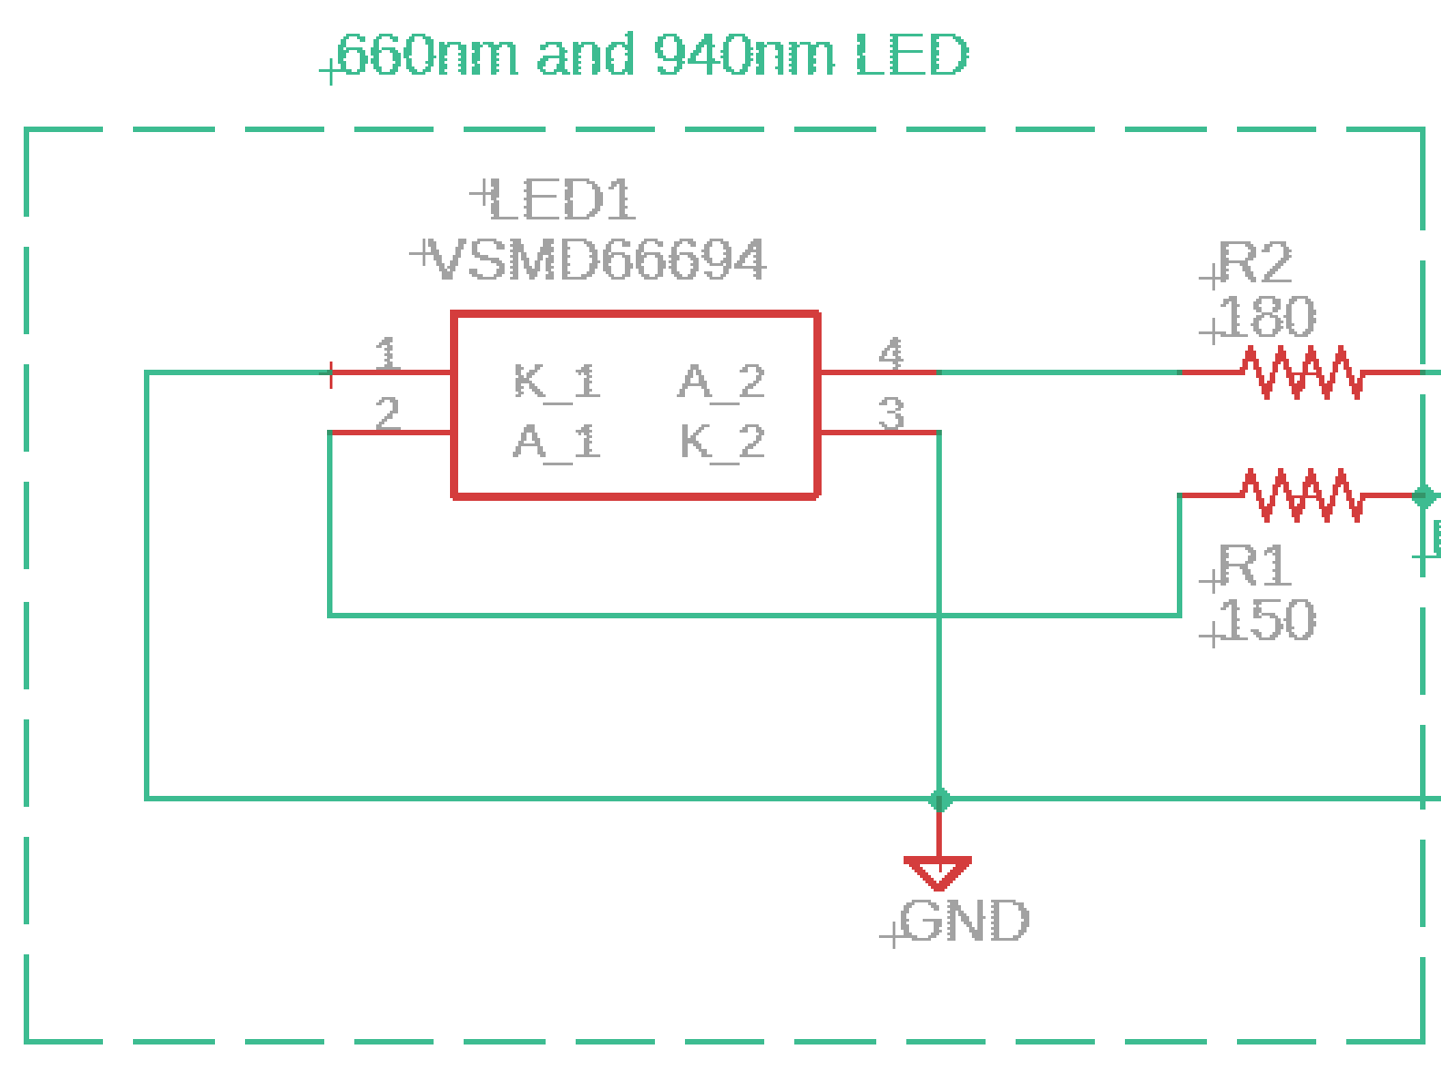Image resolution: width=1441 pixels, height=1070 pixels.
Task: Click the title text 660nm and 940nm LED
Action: (x=652, y=56)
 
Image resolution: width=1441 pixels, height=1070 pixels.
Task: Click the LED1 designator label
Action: (x=560, y=200)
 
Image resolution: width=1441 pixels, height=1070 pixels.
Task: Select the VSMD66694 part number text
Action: (x=598, y=261)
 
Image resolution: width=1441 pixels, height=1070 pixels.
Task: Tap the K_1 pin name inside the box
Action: (x=557, y=381)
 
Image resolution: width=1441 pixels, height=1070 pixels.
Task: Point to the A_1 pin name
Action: (x=557, y=443)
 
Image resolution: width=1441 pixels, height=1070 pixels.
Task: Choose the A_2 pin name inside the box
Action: (x=721, y=381)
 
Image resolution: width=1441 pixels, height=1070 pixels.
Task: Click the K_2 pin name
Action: (x=721, y=443)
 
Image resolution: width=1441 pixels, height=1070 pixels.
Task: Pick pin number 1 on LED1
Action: (x=388, y=353)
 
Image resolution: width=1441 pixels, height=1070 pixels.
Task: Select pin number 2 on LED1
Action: (x=388, y=413)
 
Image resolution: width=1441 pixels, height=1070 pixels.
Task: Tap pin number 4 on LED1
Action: (x=891, y=353)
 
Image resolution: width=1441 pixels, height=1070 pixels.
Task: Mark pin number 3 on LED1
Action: (x=891, y=413)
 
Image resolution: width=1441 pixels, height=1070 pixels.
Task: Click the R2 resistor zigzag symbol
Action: (x=1303, y=372)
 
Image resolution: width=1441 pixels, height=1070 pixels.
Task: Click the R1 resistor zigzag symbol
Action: (x=1303, y=494)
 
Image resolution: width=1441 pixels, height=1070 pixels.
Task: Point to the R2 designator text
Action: (x=1255, y=264)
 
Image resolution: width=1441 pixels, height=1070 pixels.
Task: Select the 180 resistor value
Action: (x=1266, y=318)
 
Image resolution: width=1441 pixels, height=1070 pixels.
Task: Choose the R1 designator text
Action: (x=1255, y=566)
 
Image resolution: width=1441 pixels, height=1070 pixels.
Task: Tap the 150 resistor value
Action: (x=1266, y=620)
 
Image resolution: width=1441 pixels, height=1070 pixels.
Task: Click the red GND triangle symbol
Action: (x=938, y=871)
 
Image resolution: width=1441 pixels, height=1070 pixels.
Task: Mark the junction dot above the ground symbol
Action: (x=940, y=800)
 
